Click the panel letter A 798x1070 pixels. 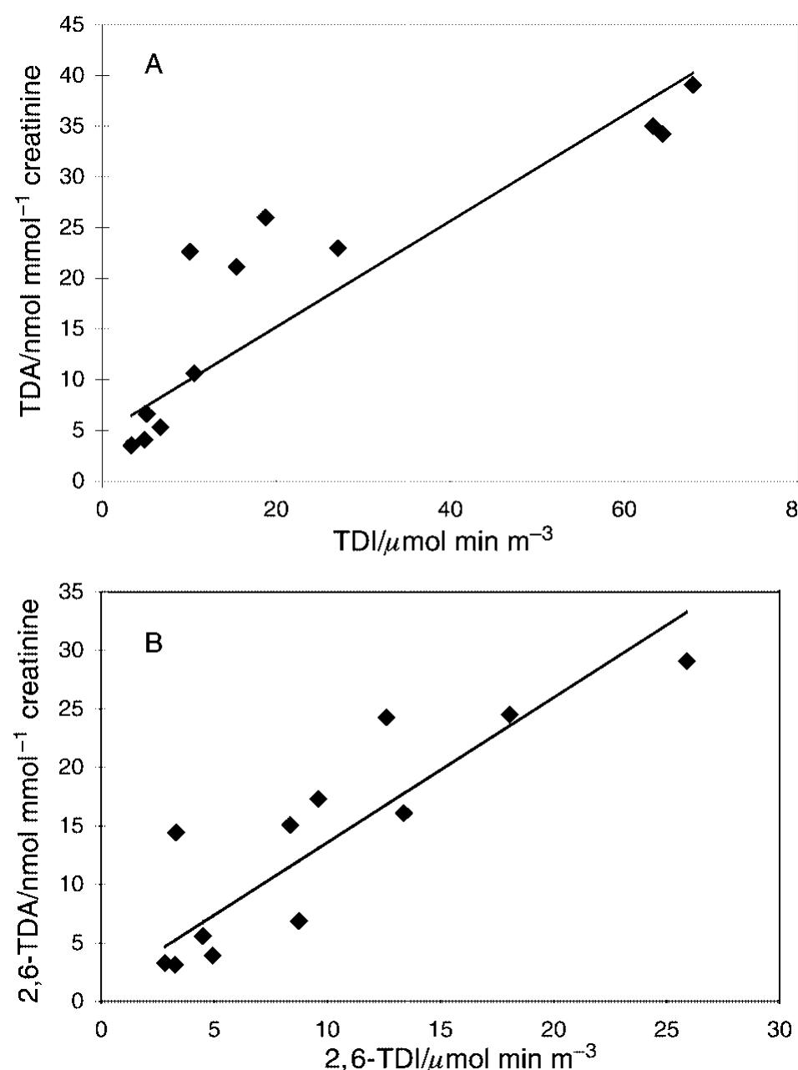click(x=154, y=65)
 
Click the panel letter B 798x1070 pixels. click(x=154, y=645)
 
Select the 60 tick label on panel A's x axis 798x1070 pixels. click(x=624, y=510)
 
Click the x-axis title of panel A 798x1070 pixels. click(x=442, y=542)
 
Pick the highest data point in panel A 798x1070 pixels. click(x=692, y=85)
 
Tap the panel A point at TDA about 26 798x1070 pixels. click(x=265, y=218)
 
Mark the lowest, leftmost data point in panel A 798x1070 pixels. click(x=131, y=446)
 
